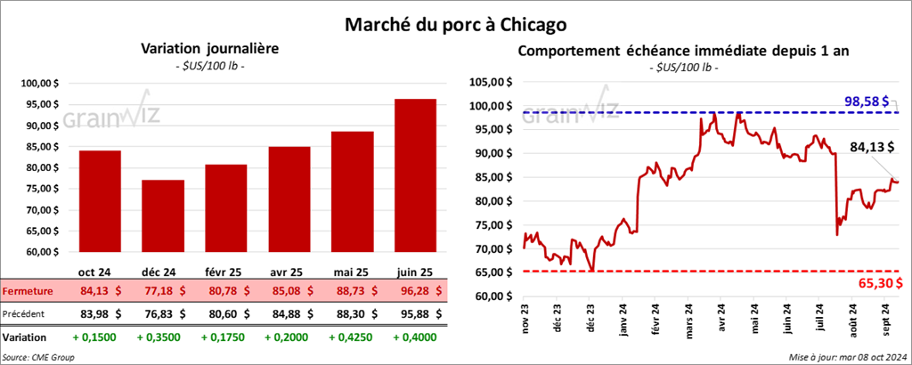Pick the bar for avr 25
pos(288,199)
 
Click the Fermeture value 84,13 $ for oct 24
pos(100,291)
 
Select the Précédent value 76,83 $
pos(163,313)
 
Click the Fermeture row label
pos(28,291)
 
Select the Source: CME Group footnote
pos(38,357)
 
